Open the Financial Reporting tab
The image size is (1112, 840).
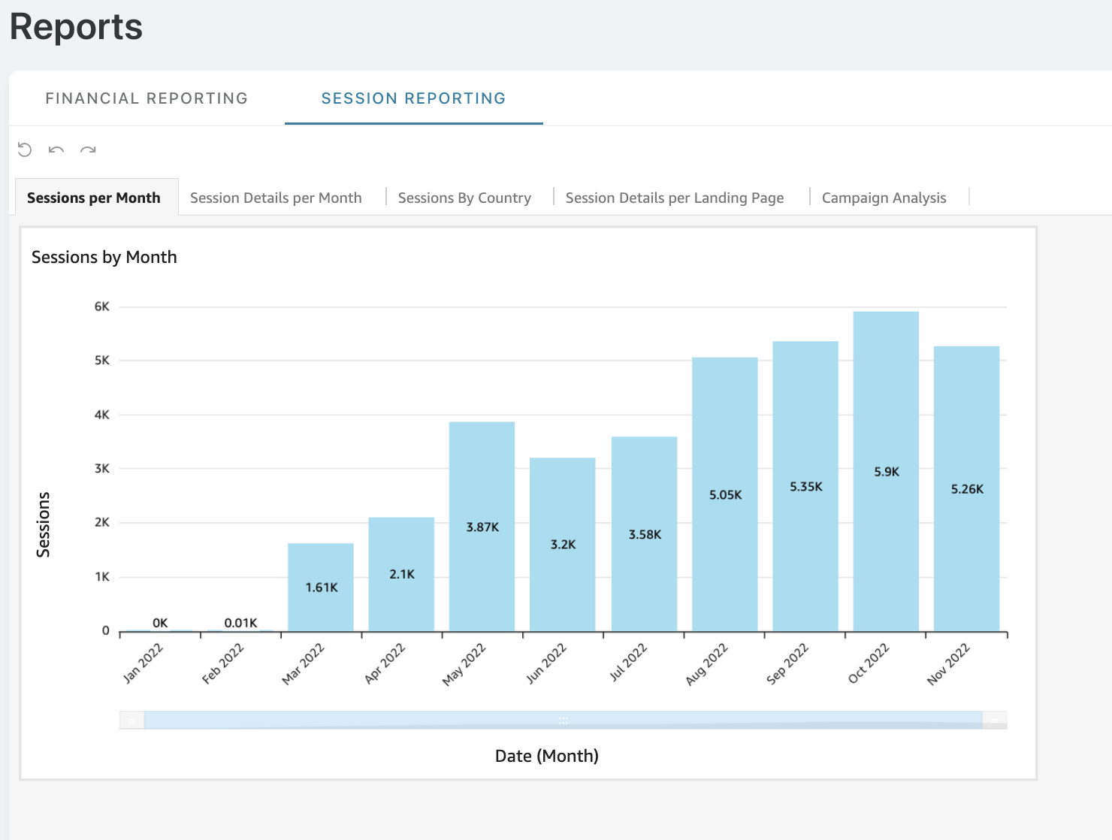click(x=147, y=98)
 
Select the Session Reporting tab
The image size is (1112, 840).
click(x=413, y=98)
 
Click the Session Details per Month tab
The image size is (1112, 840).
click(x=276, y=198)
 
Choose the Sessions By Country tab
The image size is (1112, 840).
click(x=464, y=198)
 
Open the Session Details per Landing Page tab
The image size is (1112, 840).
click(x=674, y=198)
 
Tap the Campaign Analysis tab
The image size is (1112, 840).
click(x=884, y=198)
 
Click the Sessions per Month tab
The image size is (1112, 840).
click(x=94, y=198)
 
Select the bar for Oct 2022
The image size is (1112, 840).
click(x=886, y=471)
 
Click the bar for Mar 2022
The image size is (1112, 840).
click(x=321, y=588)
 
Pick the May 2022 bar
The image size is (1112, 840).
click(x=482, y=527)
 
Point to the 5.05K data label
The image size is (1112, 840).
click(x=725, y=495)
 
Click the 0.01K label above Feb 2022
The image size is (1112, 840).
click(x=240, y=623)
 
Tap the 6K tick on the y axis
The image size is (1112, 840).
click(x=102, y=307)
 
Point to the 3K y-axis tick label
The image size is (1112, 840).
click(x=102, y=469)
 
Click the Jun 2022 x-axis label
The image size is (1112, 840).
click(x=545, y=663)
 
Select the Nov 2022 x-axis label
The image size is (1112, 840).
click(x=948, y=664)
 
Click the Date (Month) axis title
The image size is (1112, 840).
click(x=547, y=756)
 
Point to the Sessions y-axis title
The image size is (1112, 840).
click(x=43, y=524)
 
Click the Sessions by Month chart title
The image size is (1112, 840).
click(x=104, y=258)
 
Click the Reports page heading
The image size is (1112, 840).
click(x=76, y=26)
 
